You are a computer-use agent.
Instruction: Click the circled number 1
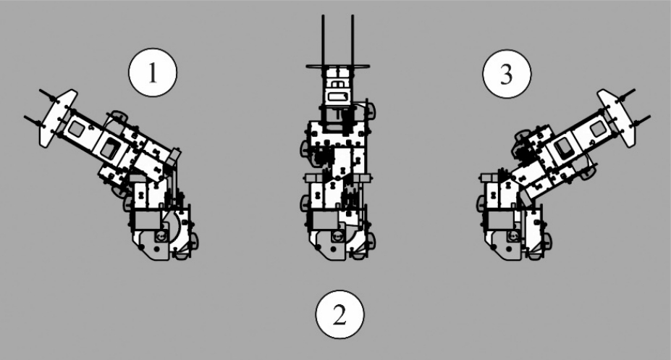click(152, 72)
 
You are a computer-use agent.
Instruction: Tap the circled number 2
click(339, 314)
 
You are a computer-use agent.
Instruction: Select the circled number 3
click(507, 74)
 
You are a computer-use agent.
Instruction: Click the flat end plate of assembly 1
click(58, 118)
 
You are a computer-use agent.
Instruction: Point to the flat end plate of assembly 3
click(617, 118)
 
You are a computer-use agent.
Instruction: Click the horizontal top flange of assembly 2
click(337, 67)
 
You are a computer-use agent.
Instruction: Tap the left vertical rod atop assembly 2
click(323, 41)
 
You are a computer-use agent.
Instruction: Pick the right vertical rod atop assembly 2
click(353, 41)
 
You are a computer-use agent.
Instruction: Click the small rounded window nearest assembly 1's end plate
click(77, 128)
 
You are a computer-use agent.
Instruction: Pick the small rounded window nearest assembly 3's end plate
click(598, 128)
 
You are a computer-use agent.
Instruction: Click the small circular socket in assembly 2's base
click(337, 236)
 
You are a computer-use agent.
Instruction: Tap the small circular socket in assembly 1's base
click(161, 236)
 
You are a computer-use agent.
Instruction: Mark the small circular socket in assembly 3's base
click(512, 236)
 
